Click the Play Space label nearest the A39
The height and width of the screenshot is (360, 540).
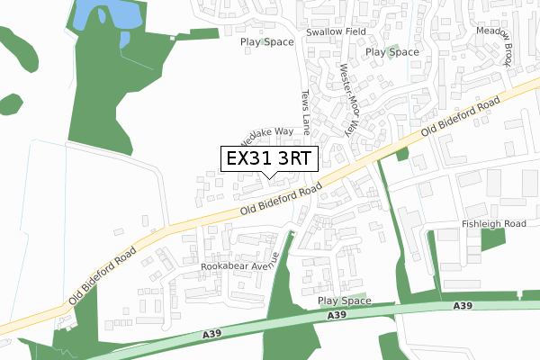pyautogui.click(x=345, y=300)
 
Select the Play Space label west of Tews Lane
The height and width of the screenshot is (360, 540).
pyautogui.click(x=266, y=41)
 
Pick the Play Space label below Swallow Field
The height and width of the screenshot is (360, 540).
pyautogui.click(x=392, y=52)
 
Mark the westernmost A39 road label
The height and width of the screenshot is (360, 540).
pyautogui.click(x=211, y=334)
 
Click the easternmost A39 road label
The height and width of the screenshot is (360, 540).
pyautogui.click(x=463, y=307)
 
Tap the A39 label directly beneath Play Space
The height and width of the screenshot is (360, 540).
pyautogui.click(x=337, y=315)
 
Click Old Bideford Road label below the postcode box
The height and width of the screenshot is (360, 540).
pyautogui.click(x=281, y=200)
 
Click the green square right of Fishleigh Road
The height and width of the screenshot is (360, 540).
pyautogui.click(x=492, y=239)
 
